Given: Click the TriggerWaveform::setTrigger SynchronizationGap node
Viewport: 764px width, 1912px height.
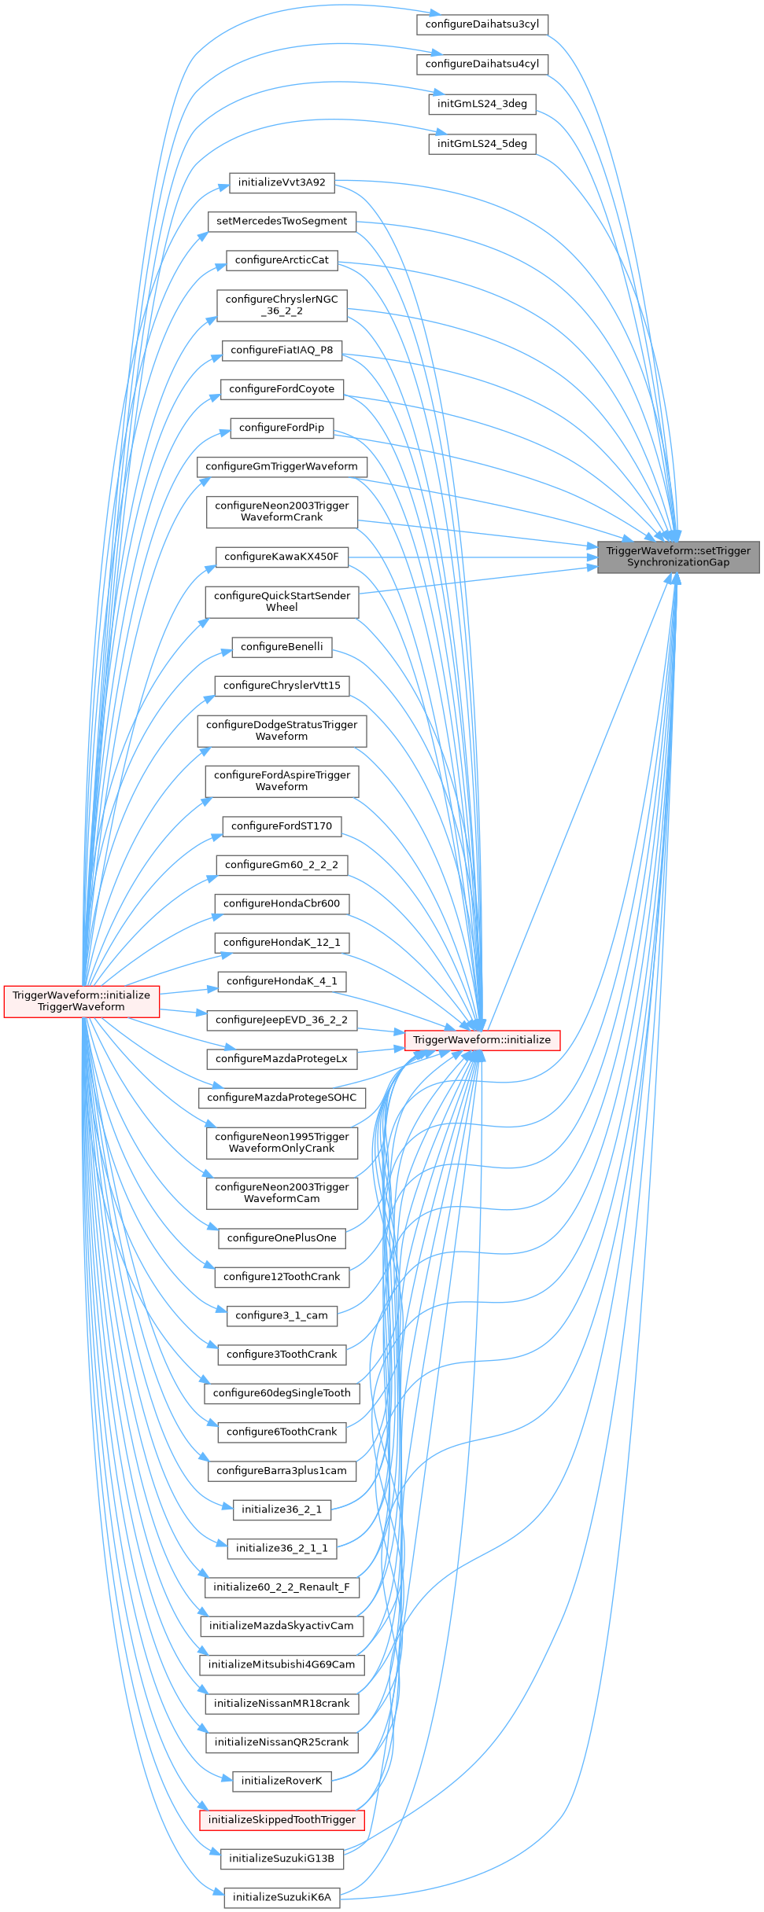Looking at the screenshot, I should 678,557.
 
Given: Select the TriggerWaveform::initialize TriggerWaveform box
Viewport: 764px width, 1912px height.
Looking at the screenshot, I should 81,1001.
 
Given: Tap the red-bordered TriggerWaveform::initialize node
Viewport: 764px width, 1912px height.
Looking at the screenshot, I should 482,1039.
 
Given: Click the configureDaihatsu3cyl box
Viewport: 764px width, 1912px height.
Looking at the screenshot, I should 482,24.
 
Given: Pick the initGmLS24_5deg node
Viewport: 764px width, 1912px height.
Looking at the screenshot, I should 482,144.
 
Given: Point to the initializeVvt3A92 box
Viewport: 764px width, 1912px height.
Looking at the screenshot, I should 282,182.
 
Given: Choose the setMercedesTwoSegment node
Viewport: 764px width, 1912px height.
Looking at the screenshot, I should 282,221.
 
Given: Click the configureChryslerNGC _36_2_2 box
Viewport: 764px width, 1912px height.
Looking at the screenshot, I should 282,305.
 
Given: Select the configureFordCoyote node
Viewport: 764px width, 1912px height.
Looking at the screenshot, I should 282,388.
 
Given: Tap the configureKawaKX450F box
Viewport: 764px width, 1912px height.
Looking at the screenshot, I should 282,557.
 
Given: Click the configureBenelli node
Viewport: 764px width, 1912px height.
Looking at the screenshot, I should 282,646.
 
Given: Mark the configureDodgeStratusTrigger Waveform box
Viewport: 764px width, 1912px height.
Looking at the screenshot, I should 282,730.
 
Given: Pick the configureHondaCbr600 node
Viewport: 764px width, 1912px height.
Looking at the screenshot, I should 282,903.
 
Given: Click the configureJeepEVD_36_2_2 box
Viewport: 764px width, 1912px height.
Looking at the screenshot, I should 282,1020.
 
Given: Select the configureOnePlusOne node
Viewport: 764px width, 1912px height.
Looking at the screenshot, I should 282,1237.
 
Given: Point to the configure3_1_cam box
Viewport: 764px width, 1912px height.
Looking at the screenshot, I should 282,1315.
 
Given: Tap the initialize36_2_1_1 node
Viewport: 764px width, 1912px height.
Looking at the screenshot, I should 282,1548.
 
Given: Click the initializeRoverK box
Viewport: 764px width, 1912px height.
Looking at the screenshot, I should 282,1781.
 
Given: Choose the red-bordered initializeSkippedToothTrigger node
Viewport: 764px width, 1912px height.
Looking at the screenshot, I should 282,1819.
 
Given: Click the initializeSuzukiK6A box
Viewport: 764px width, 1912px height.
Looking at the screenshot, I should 282,1897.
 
